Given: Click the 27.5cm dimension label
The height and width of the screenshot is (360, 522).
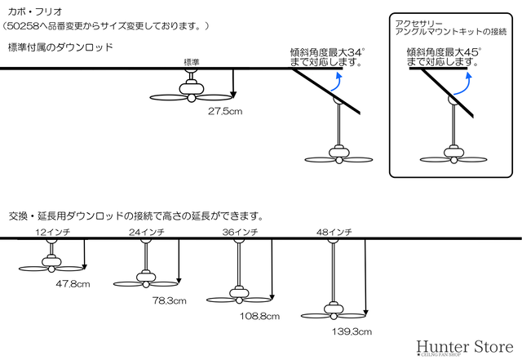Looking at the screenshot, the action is tap(225, 111).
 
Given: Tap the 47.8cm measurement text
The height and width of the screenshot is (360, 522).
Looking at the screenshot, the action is tap(73, 284).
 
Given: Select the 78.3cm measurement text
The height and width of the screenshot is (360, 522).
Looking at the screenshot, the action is tap(170, 300).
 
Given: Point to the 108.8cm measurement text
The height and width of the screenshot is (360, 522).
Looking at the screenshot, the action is tap(259, 316).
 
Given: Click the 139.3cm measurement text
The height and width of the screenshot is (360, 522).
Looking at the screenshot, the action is tap(352, 331).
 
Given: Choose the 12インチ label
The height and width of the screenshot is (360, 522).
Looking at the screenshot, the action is tap(52, 232).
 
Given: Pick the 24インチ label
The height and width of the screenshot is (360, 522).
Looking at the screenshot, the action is tap(147, 232).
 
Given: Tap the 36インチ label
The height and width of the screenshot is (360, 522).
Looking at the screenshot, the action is tap(241, 232).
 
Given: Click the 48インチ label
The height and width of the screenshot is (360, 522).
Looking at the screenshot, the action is tap(334, 232).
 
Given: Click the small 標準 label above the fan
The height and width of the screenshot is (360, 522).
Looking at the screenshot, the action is tap(192, 62).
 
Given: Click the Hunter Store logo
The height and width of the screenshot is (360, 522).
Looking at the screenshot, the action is tap(465, 347).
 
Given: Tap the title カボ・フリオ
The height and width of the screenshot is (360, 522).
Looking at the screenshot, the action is tap(35, 12).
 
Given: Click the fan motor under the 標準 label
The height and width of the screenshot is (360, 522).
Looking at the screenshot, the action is tap(191, 88).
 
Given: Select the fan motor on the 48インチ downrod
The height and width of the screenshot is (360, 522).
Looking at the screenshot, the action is tap(334, 308).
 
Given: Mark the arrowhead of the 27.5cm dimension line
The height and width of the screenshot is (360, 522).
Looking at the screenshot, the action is tap(233, 95).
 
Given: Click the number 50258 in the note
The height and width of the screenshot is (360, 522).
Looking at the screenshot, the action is tap(23, 26).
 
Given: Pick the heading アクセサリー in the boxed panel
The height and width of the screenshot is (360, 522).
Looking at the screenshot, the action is tap(418, 24).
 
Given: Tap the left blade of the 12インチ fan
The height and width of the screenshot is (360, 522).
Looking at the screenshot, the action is tap(33, 269).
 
